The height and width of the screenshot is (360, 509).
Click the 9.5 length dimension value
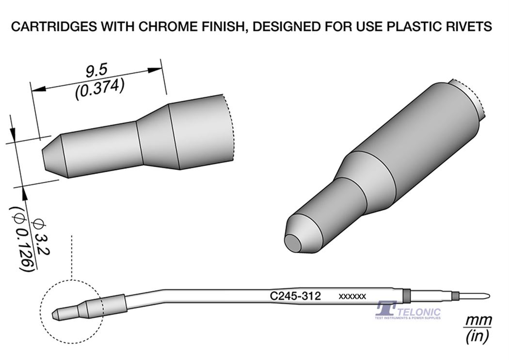[96, 72]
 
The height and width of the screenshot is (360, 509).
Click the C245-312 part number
[295, 295]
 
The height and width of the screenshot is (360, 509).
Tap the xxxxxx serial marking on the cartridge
[352, 296]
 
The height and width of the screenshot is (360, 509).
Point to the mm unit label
[478, 321]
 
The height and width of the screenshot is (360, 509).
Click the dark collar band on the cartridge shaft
[406, 295]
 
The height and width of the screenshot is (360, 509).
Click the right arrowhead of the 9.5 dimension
[155, 69]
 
